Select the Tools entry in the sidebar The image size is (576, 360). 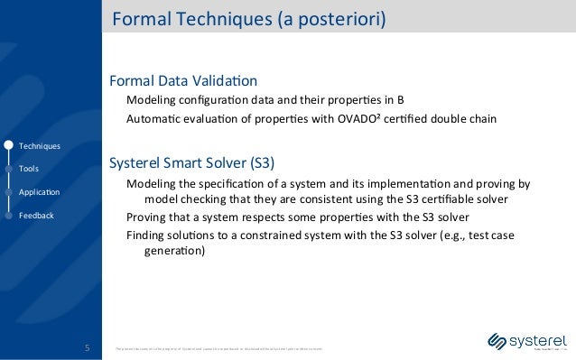28,169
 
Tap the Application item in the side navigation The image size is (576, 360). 39,192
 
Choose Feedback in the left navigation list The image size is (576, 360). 36,216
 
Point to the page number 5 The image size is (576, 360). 88,347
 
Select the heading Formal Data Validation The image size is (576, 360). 183,80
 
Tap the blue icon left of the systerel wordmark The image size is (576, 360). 496,341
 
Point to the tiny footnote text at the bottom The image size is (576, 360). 217,347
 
